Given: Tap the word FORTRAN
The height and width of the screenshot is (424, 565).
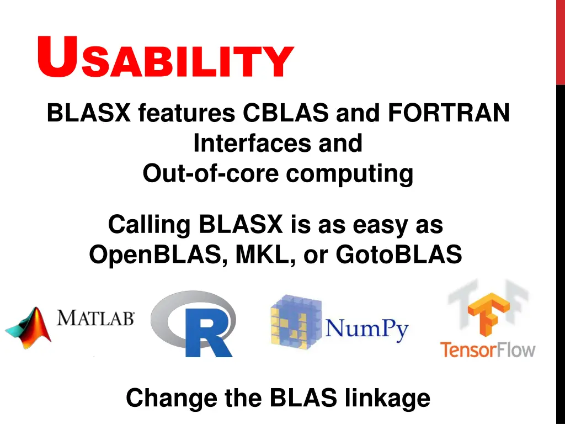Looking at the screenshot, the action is tap(449, 114).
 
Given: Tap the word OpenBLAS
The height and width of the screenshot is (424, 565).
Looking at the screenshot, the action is tap(157, 255).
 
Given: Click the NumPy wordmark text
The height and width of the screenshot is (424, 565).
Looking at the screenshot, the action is tap(367, 330).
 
